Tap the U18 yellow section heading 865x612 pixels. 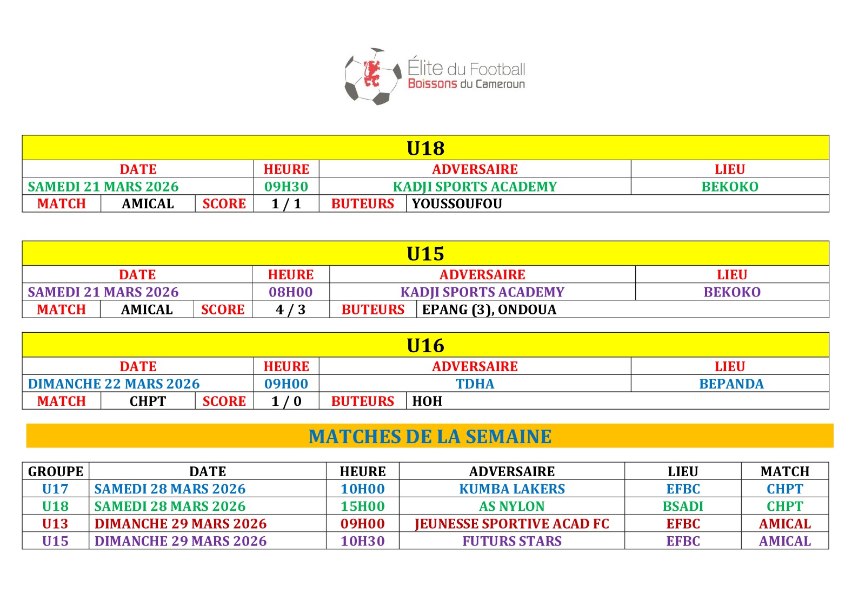point(425,148)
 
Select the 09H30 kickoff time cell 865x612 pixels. point(286,187)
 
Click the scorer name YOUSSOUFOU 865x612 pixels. point(457,204)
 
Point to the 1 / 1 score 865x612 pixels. point(286,204)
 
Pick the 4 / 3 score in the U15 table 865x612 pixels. point(290,310)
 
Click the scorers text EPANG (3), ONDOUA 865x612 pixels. point(489,310)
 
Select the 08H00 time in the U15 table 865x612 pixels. point(290,292)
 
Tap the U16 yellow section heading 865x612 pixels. point(425,345)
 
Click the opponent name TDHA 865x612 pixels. point(475,384)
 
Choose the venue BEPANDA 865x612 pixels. point(731,384)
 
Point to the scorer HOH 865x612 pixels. point(427,401)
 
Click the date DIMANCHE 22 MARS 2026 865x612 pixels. point(114,384)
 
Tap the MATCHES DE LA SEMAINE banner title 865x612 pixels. point(430,436)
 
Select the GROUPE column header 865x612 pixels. point(56,471)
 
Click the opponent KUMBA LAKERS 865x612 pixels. point(512,489)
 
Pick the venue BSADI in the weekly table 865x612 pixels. point(683,506)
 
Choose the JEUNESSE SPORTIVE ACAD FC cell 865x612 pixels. point(512,524)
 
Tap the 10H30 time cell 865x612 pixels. point(362,541)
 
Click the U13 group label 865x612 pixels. point(55,524)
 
